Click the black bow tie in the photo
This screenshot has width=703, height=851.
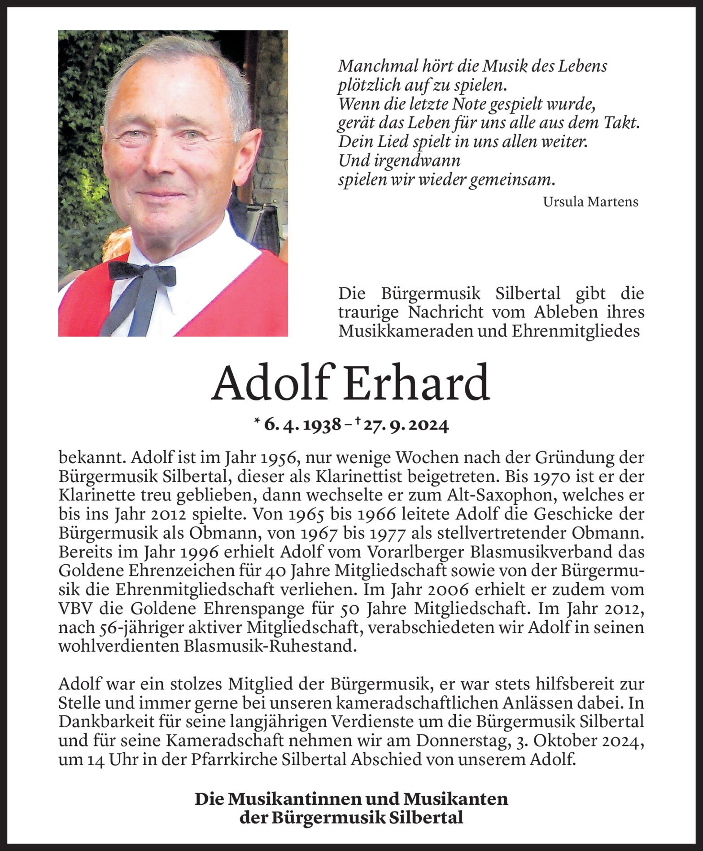click(x=142, y=273)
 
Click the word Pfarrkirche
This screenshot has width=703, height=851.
click(x=235, y=759)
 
